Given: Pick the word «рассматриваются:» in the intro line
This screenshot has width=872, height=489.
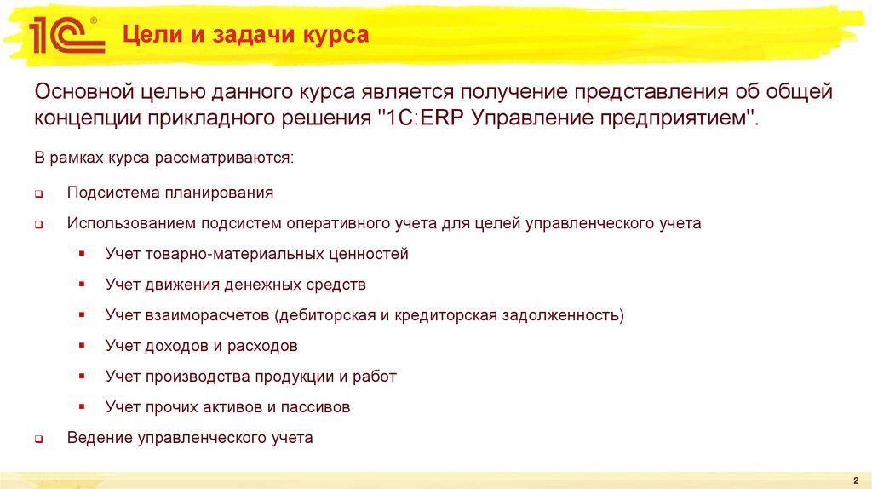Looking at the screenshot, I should (x=235, y=158).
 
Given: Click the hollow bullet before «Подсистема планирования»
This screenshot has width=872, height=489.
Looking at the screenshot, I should (x=39, y=194).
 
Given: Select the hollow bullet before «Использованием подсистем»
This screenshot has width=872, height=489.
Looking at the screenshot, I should (x=39, y=226).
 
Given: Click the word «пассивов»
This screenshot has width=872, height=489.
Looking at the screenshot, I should (x=316, y=407).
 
